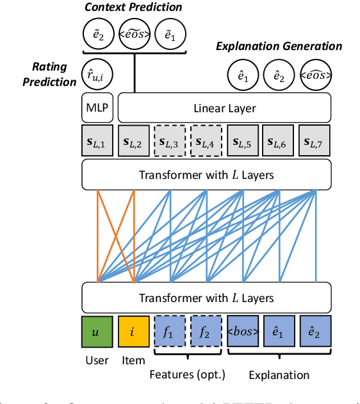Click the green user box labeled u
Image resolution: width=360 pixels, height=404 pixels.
[97, 332]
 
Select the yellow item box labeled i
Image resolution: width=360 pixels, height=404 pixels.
[133, 332]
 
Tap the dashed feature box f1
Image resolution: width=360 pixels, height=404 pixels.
[170, 332]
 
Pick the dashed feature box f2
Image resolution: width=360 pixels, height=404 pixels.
[206, 332]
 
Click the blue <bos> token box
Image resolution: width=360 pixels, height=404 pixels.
[243, 332]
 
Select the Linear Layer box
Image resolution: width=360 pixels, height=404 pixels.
[224, 108]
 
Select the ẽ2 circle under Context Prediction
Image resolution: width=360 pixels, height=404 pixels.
[98, 34]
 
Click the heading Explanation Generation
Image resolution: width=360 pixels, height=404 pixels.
[278, 46]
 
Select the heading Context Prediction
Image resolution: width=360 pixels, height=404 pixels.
[134, 8]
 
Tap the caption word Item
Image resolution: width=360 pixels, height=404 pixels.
[133, 361]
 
